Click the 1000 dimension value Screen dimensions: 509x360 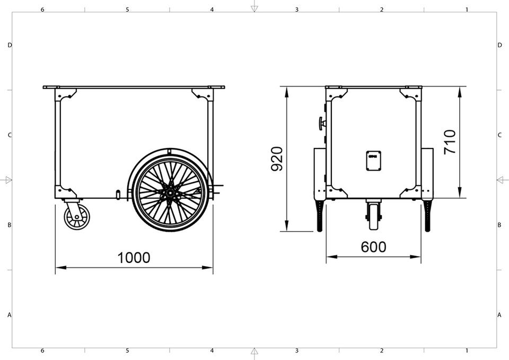coord(134,258)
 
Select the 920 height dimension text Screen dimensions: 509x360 coord(277,159)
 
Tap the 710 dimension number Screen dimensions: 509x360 coord(450,142)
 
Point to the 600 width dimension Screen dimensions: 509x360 coord(374,247)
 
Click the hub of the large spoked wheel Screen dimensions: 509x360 coord(170,193)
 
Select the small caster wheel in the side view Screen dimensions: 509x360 coord(77,217)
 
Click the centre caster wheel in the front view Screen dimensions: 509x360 coord(374,216)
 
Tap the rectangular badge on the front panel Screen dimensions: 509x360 coord(374,160)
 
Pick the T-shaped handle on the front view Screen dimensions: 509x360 coord(322,124)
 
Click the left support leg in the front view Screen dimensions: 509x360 coord(320,215)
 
